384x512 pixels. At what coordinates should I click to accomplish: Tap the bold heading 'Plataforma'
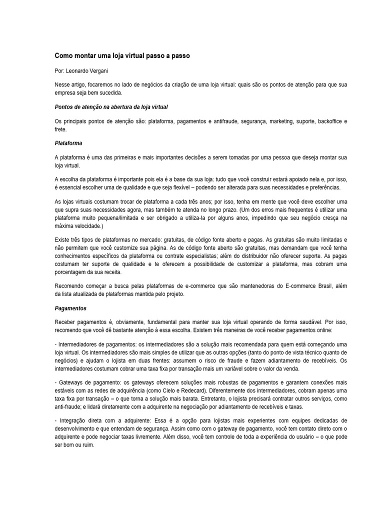(68, 143)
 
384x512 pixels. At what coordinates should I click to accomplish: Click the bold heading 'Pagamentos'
(70, 308)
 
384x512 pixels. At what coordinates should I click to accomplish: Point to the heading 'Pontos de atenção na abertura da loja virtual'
(111, 107)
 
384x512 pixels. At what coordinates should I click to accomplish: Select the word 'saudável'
(298, 323)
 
